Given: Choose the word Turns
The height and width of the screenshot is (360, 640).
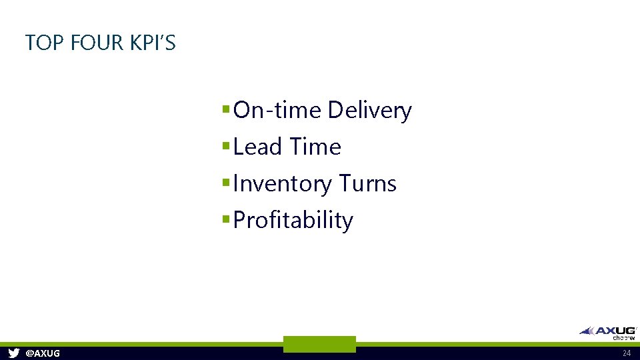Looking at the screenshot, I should (367, 183).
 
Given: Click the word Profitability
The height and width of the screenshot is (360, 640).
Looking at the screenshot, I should (293, 221).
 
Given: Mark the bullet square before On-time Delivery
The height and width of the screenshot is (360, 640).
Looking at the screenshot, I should (227, 109).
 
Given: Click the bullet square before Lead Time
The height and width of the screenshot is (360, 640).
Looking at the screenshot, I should (227, 145).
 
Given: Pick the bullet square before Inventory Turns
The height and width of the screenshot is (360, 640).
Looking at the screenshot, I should (227, 182).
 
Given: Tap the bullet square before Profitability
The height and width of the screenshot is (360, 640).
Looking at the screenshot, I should (227, 219).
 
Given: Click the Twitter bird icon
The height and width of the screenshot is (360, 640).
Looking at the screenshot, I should (14, 353).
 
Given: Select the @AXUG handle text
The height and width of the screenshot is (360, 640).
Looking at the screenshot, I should (42, 353).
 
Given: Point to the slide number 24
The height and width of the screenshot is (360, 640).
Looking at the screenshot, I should (626, 353).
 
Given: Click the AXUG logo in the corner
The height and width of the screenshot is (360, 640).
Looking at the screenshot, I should (608, 330).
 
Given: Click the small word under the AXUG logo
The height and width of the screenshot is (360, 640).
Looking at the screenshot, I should (624, 337).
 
